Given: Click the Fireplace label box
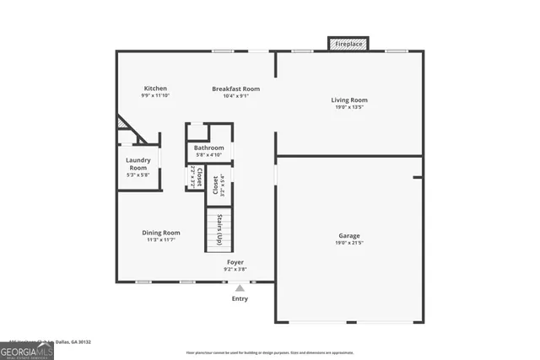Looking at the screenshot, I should pyautogui.click(x=348, y=43).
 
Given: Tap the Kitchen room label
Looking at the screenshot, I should pyautogui.click(x=155, y=88).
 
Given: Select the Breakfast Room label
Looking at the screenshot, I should pyautogui.click(x=235, y=89).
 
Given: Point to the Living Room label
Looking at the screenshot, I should pyautogui.click(x=348, y=100).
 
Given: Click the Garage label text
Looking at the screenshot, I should pyautogui.click(x=348, y=236).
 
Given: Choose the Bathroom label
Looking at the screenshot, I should pyautogui.click(x=209, y=148).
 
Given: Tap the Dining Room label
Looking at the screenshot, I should pyautogui.click(x=160, y=233).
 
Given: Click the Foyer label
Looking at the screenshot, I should pyautogui.click(x=235, y=262).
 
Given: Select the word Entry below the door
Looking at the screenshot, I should pyautogui.click(x=240, y=298).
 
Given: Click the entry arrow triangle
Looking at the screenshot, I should pyautogui.click(x=240, y=288).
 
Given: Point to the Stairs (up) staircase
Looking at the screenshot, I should pyautogui.click(x=219, y=228).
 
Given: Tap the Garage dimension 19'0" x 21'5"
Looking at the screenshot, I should pyautogui.click(x=348, y=243).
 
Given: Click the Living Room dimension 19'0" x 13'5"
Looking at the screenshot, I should pyautogui.click(x=348, y=108).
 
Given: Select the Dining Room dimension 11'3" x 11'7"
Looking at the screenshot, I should pyautogui.click(x=160, y=240).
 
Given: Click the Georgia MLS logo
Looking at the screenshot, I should pyautogui.click(x=27, y=351).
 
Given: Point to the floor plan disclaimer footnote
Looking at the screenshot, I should pyautogui.click(x=269, y=353).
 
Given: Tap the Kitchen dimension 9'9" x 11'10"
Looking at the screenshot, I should pyautogui.click(x=155, y=95).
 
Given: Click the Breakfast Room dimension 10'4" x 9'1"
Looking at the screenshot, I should pyautogui.click(x=235, y=96).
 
